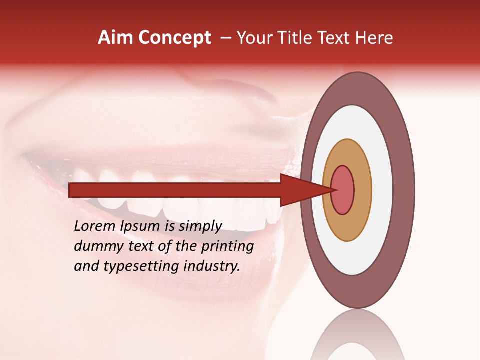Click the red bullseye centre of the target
(343, 190)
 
